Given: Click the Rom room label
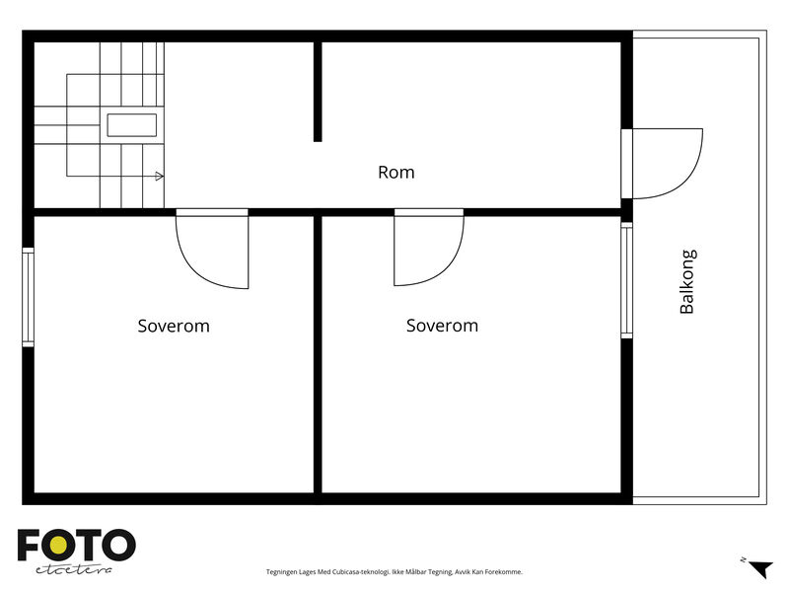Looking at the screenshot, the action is [x=396, y=172].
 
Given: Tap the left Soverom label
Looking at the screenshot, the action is [x=174, y=326].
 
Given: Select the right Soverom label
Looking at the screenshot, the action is [x=442, y=326].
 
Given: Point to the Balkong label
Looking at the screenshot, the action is [x=687, y=281].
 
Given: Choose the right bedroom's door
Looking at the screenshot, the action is [x=429, y=248].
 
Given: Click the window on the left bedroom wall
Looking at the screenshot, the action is [x=29, y=297].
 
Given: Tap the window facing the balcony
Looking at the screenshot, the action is [x=626, y=280].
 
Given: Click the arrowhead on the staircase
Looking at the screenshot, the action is [x=159, y=177].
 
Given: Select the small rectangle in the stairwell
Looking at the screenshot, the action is [x=132, y=125].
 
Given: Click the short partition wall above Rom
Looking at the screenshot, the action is [x=318, y=92].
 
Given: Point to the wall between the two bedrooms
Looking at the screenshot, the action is [x=318, y=354].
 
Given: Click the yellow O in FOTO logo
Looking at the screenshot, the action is [x=58, y=545].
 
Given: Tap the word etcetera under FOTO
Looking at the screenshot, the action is [x=74, y=569].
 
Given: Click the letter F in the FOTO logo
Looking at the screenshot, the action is [x=29, y=545].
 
